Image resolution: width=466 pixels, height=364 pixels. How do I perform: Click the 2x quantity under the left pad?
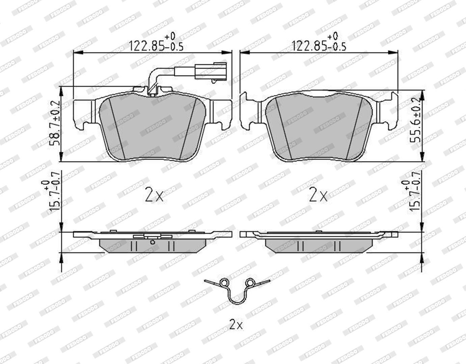[x=154, y=194]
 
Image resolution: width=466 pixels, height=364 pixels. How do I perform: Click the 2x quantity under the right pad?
[x=318, y=194]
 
